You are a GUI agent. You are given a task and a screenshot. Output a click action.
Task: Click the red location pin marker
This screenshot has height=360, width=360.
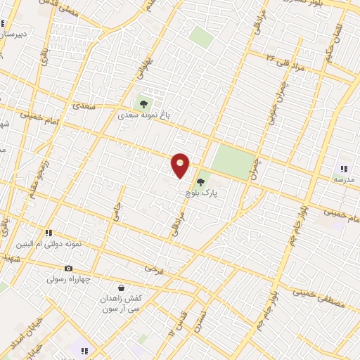pos(181,165)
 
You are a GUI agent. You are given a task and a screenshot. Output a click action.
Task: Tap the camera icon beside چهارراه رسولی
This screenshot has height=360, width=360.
pos(68,268)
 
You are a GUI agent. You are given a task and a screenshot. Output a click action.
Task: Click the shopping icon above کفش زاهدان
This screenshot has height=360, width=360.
pos(121,288)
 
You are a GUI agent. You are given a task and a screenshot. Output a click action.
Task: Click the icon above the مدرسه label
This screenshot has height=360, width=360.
pos(344,169)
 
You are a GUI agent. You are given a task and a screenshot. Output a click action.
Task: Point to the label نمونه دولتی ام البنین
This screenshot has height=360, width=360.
pos(49,244)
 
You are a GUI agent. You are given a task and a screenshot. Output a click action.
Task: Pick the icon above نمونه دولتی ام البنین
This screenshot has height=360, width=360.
pos(49,233)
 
